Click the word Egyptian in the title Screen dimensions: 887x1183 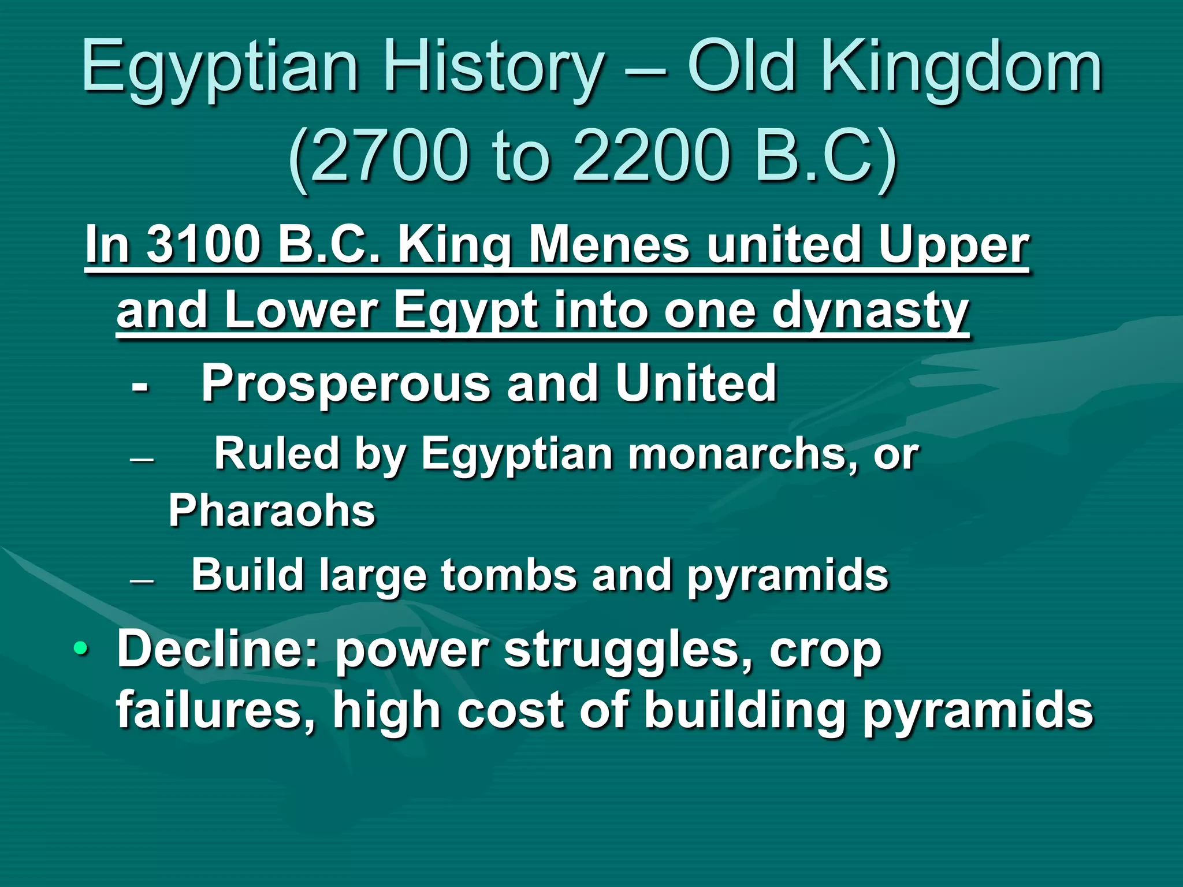pos(220,68)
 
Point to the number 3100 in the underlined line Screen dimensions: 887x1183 pos(203,245)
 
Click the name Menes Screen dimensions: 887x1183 pos(609,245)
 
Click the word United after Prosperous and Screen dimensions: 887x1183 pos(696,382)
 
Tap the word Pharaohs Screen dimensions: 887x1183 pos(271,511)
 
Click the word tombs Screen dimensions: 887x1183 pos(508,575)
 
